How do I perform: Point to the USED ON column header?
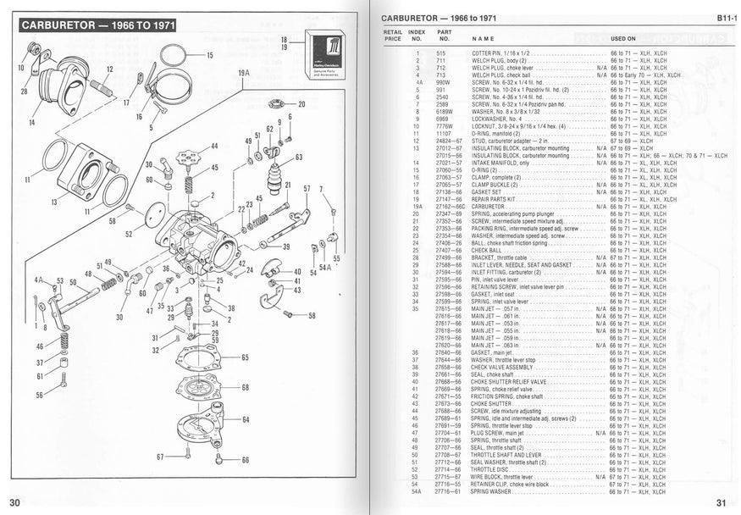(x=623, y=38)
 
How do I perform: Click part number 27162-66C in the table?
(x=451, y=206)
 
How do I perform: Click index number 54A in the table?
(x=416, y=490)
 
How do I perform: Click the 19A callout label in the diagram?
(x=244, y=74)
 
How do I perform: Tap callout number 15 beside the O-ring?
(x=209, y=55)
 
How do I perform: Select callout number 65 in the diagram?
(x=245, y=357)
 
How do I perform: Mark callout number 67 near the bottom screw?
(x=159, y=457)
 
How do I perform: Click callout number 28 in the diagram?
(x=24, y=91)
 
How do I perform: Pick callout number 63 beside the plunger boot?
(x=298, y=157)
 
